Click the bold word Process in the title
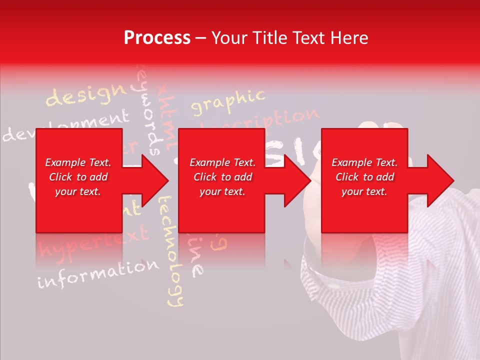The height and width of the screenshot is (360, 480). [x=157, y=38]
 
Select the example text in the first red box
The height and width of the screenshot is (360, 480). [x=78, y=177]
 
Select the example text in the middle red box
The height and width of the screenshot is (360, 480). [x=222, y=177]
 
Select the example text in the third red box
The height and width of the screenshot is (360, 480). [x=364, y=177]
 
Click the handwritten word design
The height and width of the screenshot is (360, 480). [x=85, y=95]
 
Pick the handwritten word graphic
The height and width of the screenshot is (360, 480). [x=228, y=101]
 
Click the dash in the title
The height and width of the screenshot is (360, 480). [x=201, y=38]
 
